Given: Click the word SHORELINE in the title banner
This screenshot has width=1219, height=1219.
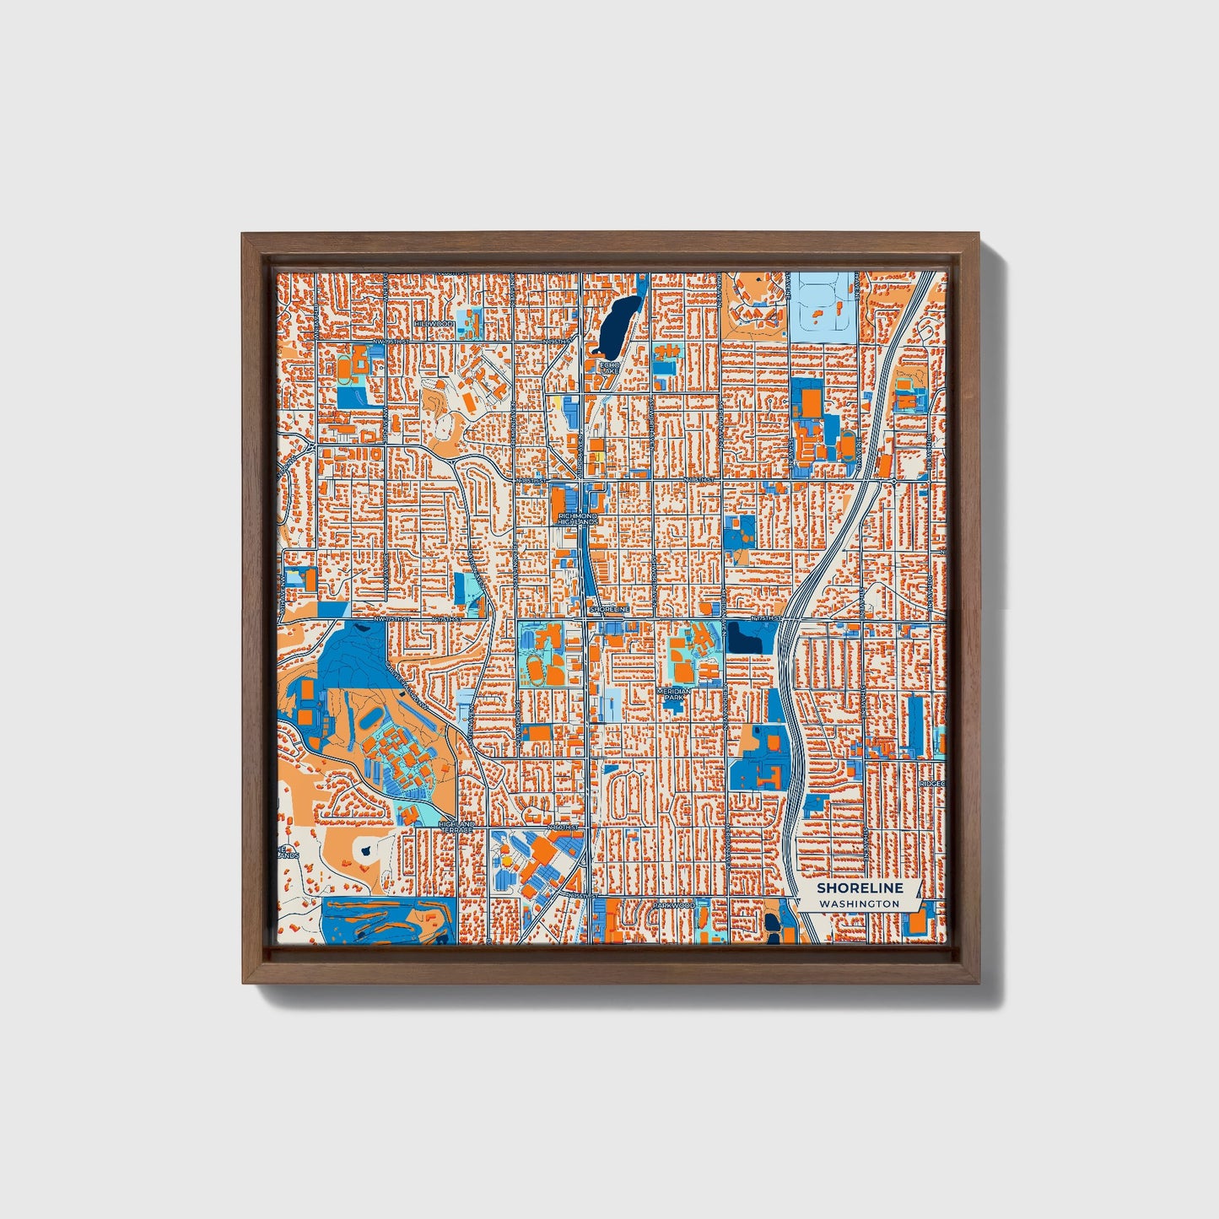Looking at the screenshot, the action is tap(860, 887).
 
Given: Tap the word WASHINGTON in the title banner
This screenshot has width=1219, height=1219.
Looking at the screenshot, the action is tap(859, 903).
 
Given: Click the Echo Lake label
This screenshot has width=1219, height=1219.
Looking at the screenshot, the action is tap(609, 368).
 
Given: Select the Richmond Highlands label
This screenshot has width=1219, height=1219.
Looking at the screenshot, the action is tap(577, 519).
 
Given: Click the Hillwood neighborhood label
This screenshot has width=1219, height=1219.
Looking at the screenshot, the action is tap(434, 324).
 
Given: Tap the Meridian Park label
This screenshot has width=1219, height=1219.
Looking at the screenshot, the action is tap(674, 693).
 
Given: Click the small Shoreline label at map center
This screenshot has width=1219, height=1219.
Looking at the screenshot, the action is tap(609, 608).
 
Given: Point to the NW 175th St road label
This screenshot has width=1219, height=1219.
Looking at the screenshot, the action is tap(391, 618).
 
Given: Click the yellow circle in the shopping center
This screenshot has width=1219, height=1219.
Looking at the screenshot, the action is tap(594, 458).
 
